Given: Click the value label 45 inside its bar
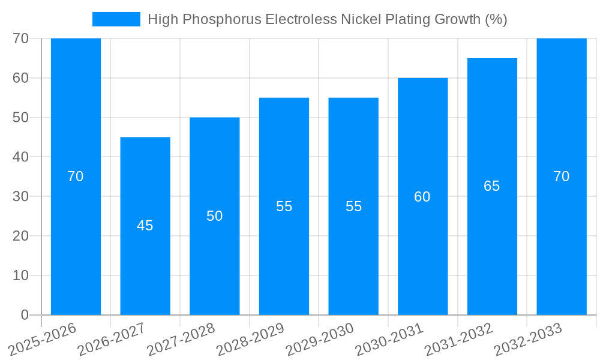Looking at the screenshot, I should click(x=145, y=226).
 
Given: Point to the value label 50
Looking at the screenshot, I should click(x=215, y=216).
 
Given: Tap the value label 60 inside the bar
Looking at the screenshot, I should click(x=422, y=197).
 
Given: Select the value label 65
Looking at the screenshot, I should click(x=492, y=186).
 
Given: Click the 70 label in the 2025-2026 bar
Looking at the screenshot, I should click(x=76, y=176).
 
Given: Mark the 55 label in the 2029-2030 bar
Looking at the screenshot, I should click(x=353, y=206).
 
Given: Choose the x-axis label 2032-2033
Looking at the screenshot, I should click(x=527, y=340).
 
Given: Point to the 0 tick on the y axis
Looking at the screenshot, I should click(x=25, y=315).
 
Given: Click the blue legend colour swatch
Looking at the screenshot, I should click(x=116, y=19).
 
